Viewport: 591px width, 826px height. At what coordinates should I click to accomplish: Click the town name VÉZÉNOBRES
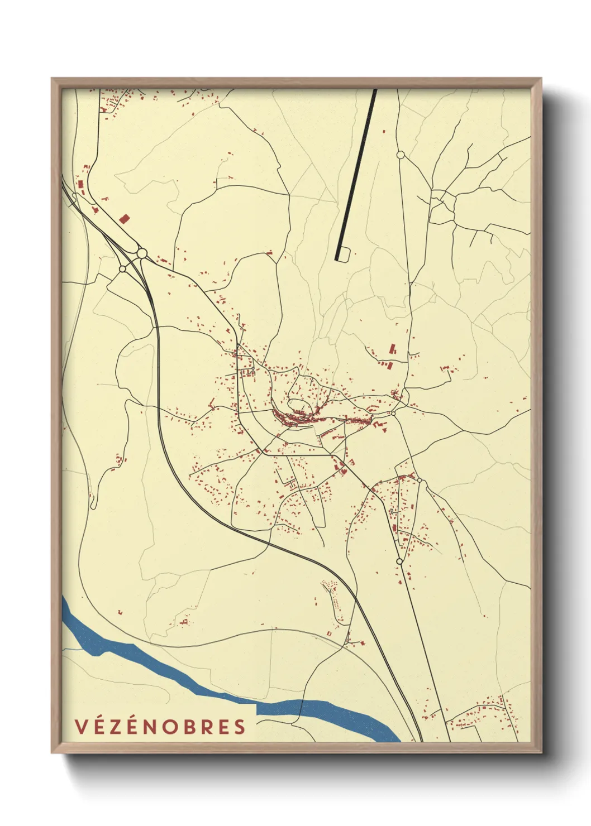pyautogui.click(x=160, y=726)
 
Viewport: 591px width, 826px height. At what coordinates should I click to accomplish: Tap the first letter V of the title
pyautogui.click(x=80, y=727)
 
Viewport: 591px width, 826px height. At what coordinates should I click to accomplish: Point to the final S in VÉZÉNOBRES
pyautogui.click(x=240, y=727)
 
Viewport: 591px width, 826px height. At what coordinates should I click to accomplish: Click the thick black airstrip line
pyautogui.click(x=356, y=173)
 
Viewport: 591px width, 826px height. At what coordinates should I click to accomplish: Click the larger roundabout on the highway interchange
pyautogui.click(x=142, y=253)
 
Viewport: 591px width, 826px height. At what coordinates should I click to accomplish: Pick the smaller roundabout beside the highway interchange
pyautogui.click(x=122, y=269)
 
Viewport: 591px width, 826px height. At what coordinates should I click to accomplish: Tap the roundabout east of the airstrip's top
pyautogui.click(x=400, y=154)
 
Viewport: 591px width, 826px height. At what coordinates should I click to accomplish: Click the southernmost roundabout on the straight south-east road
pyautogui.click(x=399, y=561)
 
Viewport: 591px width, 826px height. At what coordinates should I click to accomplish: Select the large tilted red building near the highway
pyautogui.click(x=124, y=218)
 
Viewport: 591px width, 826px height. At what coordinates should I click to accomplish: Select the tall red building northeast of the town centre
pyautogui.click(x=392, y=349)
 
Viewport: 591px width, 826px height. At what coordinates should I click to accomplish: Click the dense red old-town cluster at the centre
pyautogui.click(x=296, y=416)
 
